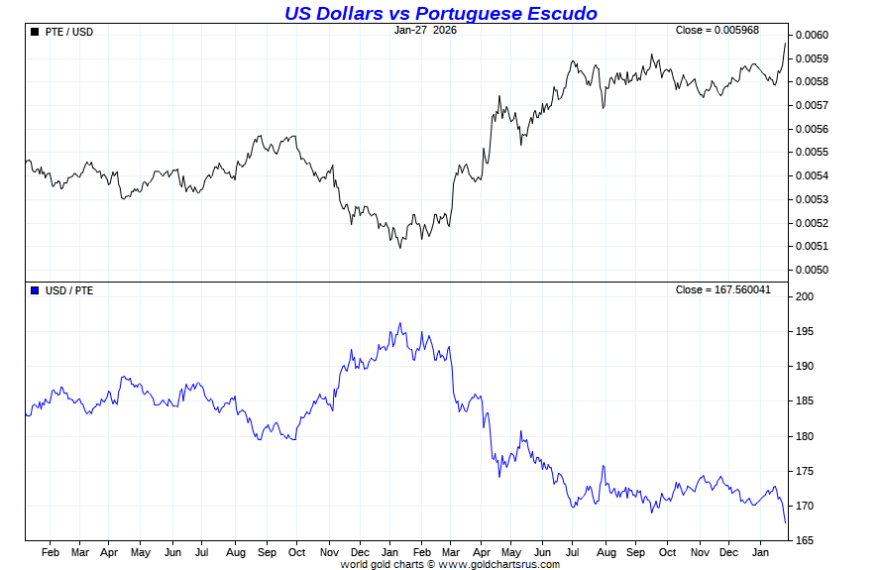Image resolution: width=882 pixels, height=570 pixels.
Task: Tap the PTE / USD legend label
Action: click(x=69, y=32)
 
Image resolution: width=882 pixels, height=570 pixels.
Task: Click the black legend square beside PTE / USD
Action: click(x=36, y=32)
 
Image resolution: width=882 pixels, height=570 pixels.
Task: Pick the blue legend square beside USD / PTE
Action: click(x=36, y=290)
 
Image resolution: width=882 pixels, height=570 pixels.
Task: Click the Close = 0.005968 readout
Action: click(x=717, y=30)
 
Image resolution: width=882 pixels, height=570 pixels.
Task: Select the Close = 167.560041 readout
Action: click(x=721, y=289)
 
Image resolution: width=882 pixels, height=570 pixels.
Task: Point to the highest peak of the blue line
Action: click(x=400, y=323)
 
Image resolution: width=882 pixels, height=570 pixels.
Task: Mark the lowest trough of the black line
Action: click(x=400, y=247)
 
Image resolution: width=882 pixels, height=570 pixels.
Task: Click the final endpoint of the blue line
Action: click(x=786, y=522)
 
